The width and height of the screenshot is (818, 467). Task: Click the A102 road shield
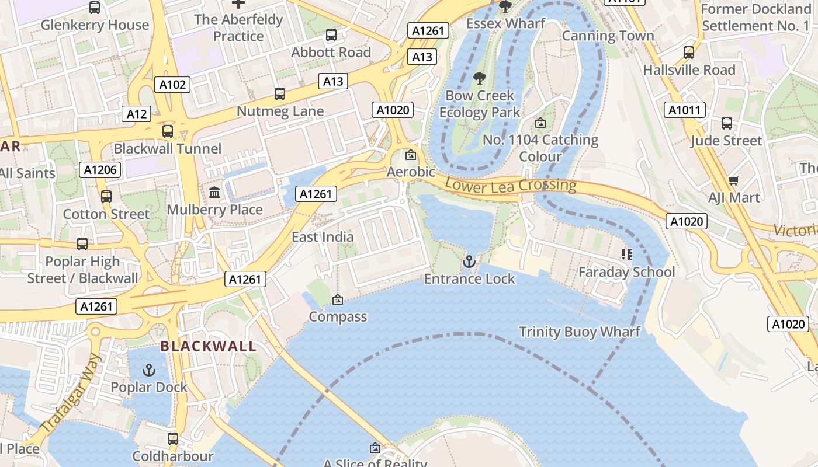tap(173, 85)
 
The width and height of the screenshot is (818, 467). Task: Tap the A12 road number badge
tap(136, 114)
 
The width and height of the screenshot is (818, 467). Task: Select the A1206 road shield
tap(100, 170)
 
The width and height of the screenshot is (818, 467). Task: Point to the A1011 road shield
tap(685, 110)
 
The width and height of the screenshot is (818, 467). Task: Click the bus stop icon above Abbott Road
tap(331, 35)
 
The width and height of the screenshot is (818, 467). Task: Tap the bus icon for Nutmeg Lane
tap(280, 94)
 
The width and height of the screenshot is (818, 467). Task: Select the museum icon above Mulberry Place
tap(214, 192)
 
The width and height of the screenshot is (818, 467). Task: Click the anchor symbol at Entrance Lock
tap(469, 262)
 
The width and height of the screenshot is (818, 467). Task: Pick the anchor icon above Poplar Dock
tap(149, 370)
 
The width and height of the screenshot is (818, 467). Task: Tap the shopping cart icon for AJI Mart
tap(734, 181)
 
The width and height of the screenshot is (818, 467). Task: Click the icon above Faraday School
tap(626, 254)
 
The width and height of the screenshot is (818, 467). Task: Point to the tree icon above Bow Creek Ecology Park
tap(479, 78)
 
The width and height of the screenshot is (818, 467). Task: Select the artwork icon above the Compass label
tap(337, 299)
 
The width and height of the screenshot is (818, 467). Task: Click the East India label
tap(323, 236)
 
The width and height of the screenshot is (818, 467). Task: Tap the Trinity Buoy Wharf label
tap(580, 332)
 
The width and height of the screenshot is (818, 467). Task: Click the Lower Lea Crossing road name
tap(510, 186)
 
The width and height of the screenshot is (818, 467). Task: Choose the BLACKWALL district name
tap(209, 346)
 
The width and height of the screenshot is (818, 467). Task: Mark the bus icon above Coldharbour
tap(173, 438)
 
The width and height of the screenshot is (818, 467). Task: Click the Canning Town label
tap(608, 36)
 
